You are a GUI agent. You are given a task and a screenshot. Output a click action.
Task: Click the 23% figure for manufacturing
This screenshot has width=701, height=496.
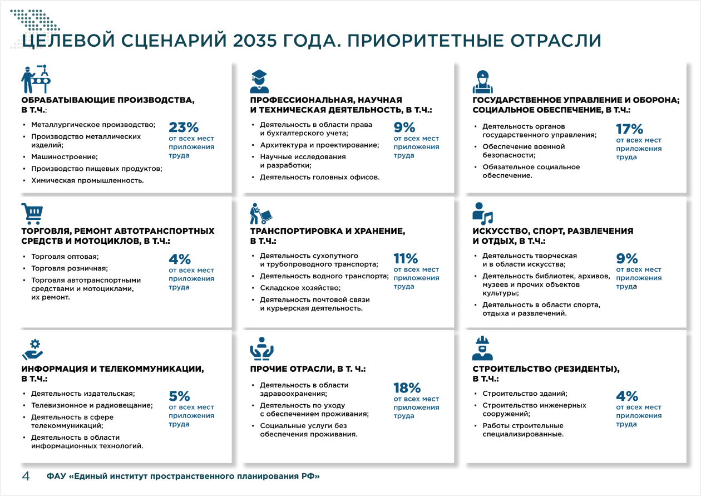pyautogui.click(x=184, y=127)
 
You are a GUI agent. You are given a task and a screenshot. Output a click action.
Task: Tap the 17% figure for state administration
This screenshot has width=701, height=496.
pyautogui.click(x=629, y=129)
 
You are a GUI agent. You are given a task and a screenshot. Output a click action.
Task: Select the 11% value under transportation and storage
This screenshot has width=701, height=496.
pyautogui.click(x=406, y=258)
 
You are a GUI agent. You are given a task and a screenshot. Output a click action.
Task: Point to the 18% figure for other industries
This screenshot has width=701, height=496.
pyautogui.click(x=407, y=388)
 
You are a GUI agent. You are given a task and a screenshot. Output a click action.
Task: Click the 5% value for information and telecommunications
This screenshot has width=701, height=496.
pyautogui.click(x=180, y=396)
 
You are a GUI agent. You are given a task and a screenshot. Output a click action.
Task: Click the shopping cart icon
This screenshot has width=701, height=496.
pyautogui.click(x=32, y=213)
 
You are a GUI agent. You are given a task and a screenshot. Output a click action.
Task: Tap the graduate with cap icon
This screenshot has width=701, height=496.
pyautogui.click(x=259, y=81)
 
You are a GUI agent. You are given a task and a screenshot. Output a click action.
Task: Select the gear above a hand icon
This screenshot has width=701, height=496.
pyautogui.click(x=32, y=349)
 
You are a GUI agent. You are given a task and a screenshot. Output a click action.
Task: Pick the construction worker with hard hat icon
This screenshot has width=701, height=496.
pyautogui.click(x=482, y=348)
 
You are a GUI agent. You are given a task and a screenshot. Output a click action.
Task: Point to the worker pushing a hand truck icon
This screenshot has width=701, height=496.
pyautogui.click(x=261, y=214)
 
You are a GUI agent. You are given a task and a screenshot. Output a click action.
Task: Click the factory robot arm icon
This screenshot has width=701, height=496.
pyautogui.click(x=35, y=79)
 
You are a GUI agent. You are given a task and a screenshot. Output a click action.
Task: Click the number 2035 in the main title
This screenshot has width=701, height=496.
pyautogui.click(x=261, y=41)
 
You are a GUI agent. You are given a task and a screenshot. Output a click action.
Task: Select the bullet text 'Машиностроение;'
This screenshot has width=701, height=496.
pyautogui.click(x=64, y=157)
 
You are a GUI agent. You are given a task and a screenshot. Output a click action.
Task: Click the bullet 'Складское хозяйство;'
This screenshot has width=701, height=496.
pyautogui.click(x=300, y=288)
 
